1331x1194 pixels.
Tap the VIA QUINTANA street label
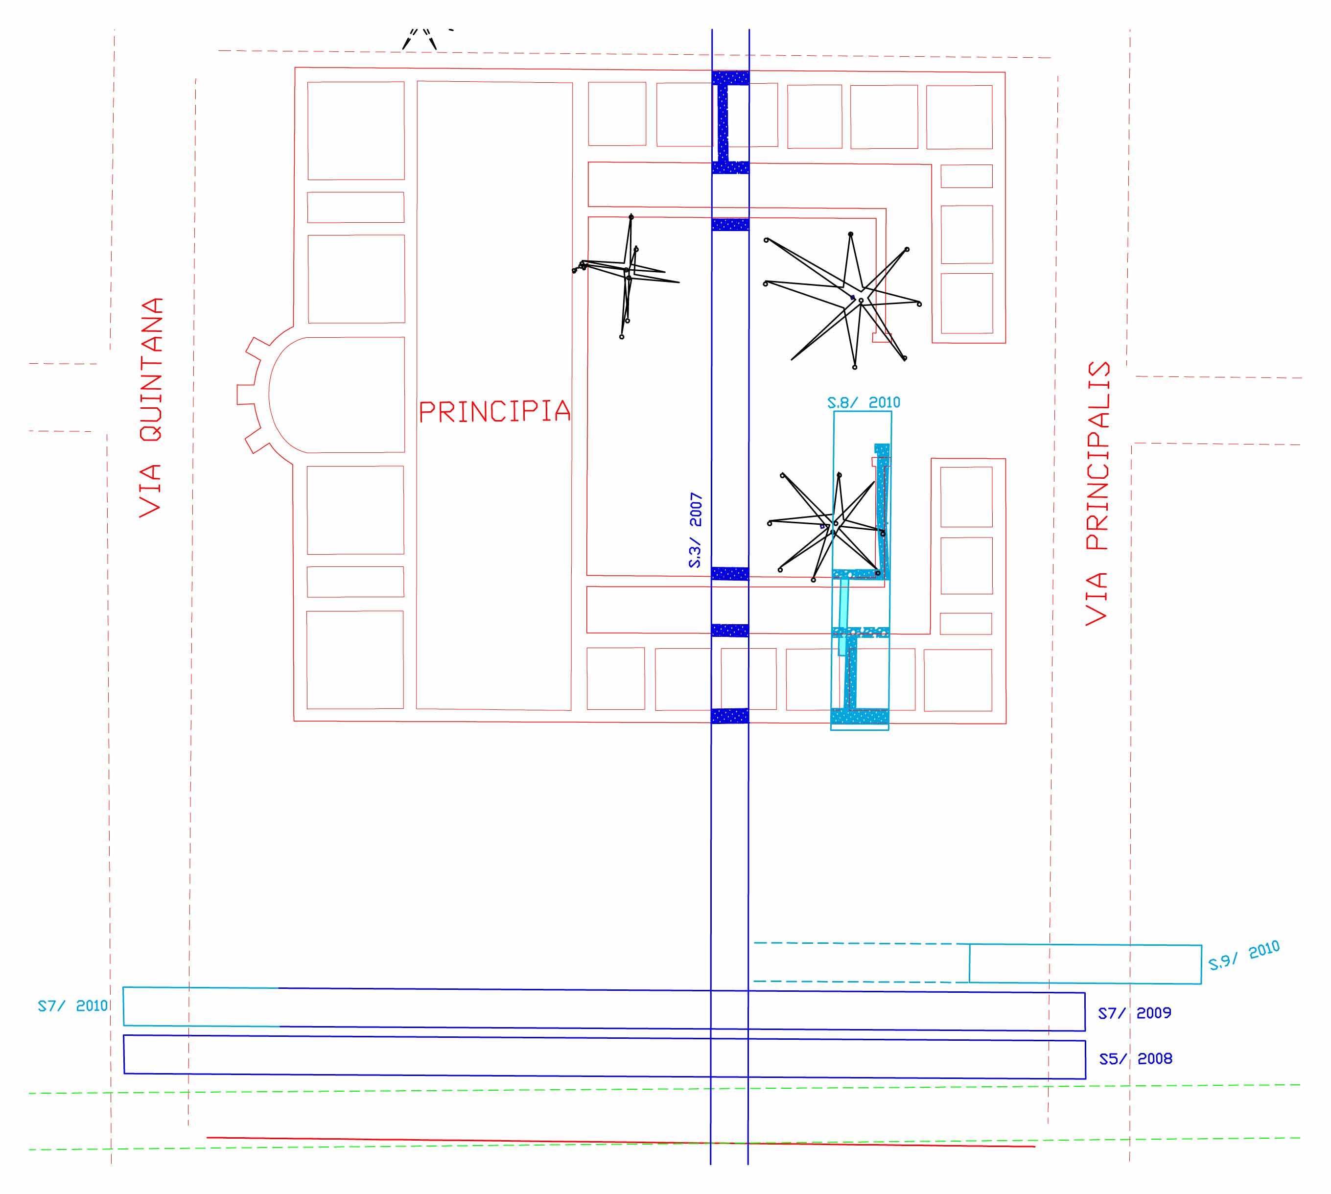tap(151, 407)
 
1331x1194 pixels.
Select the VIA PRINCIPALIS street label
tap(1097, 492)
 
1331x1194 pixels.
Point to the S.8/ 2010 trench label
tap(864, 402)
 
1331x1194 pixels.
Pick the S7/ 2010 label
tap(72, 1006)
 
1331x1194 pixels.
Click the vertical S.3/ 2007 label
tap(695, 530)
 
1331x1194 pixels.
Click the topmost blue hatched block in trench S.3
tap(730, 78)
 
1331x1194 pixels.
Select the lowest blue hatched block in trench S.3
tap(729, 716)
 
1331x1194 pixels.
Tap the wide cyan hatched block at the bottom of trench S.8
tap(859, 717)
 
